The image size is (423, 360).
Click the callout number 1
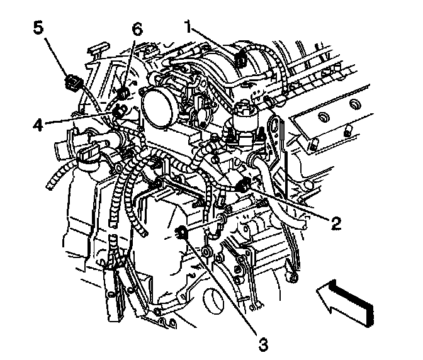188,26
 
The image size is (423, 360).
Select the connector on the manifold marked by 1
241,59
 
